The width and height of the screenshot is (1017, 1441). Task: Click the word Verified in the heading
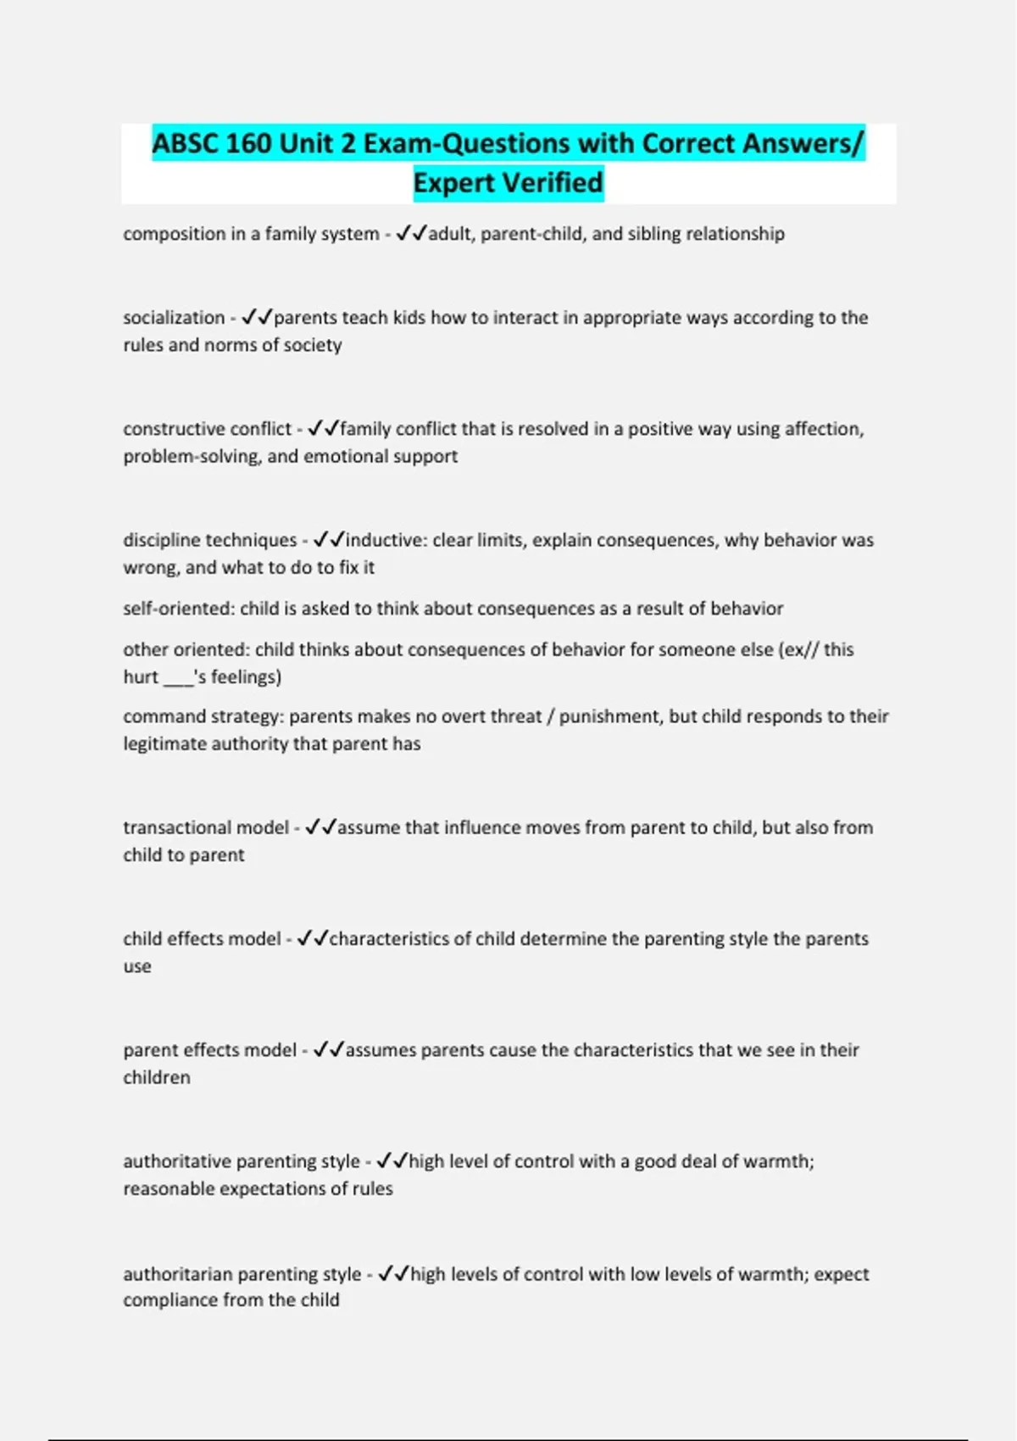[552, 182]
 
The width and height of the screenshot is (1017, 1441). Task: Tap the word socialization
[174, 318]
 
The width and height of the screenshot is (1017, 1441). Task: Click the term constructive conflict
[208, 429]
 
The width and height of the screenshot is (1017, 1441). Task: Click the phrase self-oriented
[178, 609]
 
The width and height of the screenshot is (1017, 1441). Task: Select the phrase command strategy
[203, 716]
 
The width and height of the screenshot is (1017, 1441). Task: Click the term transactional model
[206, 827]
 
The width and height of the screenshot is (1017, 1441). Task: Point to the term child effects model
[202, 939]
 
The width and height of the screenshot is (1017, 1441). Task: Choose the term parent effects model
[210, 1050]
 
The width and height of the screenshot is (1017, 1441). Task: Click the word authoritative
[177, 1161]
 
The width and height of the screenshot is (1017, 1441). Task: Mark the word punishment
[609, 716]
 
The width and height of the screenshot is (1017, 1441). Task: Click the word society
[313, 345]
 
